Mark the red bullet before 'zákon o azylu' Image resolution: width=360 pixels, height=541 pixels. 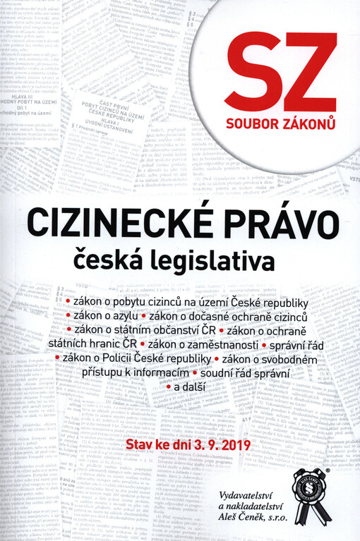pos(68,315)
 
